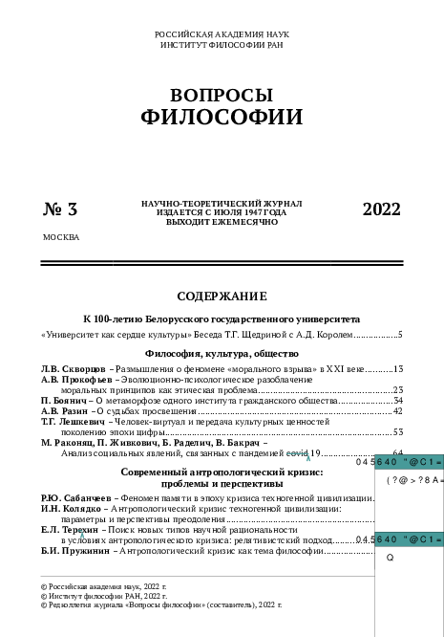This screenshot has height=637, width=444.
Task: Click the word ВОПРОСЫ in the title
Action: (x=222, y=96)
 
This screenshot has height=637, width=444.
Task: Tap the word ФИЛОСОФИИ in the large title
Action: (x=222, y=118)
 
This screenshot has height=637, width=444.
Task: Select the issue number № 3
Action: (x=60, y=210)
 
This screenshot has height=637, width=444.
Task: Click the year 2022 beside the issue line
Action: (x=382, y=210)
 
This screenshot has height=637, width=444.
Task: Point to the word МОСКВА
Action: (x=61, y=236)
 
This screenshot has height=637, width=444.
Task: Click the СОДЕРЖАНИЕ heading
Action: (x=222, y=296)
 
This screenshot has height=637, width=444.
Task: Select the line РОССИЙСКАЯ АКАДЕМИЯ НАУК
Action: (x=222, y=34)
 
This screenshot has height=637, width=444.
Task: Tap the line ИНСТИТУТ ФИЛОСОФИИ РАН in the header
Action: (x=222, y=44)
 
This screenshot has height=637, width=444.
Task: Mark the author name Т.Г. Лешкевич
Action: (x=74, y=421)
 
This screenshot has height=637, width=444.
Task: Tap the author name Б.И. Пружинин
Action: (x=74, y=551)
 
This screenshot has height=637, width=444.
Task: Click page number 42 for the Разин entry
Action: (x=397, y=410)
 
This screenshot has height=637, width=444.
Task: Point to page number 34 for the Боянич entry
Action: (x=397, y=400)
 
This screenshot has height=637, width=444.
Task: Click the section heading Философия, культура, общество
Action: (x=222, y=354)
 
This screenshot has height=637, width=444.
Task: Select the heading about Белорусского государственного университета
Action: (x=222, y=318)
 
